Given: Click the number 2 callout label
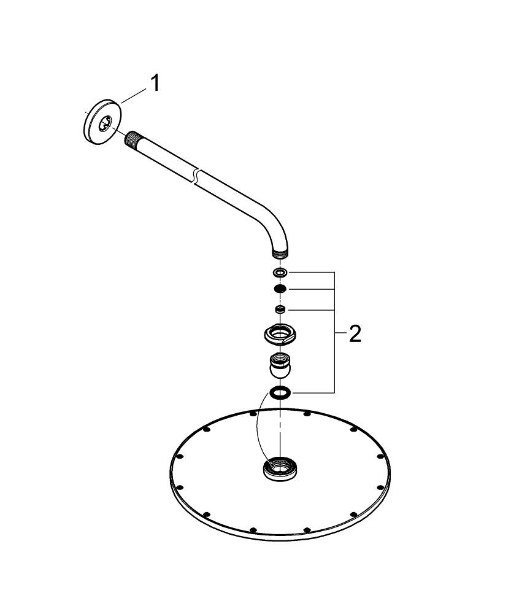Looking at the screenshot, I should (x=355, y=334).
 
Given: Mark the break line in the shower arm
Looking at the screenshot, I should (x=195, y=175).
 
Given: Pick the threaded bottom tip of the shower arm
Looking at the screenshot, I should (x=280, y=251).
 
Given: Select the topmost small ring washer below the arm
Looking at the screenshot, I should (x=280, y=272).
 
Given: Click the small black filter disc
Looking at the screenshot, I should (x=280, y=289).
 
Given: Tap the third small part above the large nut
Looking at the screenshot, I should (x=280, y=309).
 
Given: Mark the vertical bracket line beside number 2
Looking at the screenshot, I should (x=334, y=332).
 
